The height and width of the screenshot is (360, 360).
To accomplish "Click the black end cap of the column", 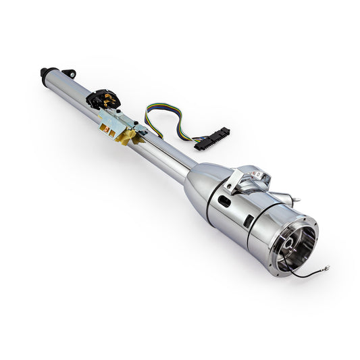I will [46, 72].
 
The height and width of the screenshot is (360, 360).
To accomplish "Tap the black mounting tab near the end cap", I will [68, 72].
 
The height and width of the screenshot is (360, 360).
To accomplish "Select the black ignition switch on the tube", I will [103, 99].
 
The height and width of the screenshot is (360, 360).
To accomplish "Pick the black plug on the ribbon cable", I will [212, 137].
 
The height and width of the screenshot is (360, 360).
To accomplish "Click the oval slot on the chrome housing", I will [224, 201].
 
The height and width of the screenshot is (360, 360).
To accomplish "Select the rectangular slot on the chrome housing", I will [248, 220].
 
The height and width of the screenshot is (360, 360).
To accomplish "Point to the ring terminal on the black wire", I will [326, 268].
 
